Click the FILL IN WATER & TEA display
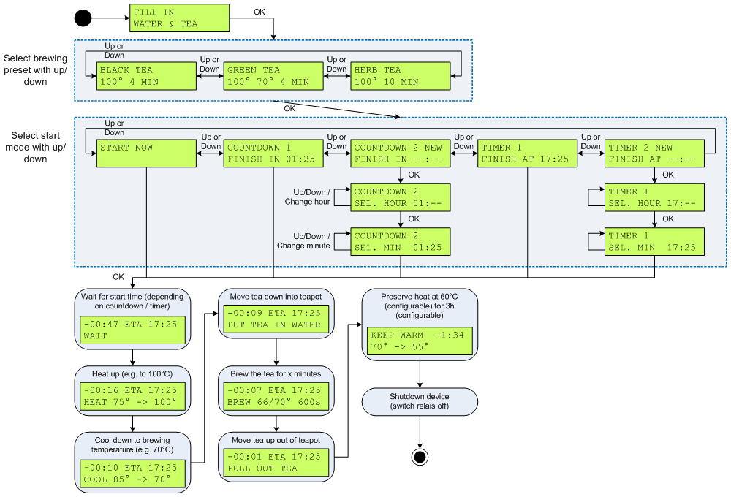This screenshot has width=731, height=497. click(x=179, y=18)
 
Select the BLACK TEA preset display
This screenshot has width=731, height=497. click(x=146, y=76)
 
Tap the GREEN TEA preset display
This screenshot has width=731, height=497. click(x=273, y=76)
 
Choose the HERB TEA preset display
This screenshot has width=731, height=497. click(x=401, y=76)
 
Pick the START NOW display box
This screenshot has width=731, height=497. click(x=146, y=153)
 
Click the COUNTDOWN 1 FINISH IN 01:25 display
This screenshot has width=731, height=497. click(x=273, y=153)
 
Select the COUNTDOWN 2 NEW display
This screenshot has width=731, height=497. click(x=401, y=153)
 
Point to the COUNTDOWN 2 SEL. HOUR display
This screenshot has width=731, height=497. click(x=401, y=197)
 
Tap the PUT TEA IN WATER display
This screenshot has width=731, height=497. click(x=275, y=319)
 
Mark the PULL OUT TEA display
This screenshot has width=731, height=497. click(x=275, y=463)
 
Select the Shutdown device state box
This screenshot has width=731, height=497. click(x=420, y=401)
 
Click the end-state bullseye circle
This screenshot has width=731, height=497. click(x=420, y=457)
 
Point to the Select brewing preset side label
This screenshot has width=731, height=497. click(x=35, y=69)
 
